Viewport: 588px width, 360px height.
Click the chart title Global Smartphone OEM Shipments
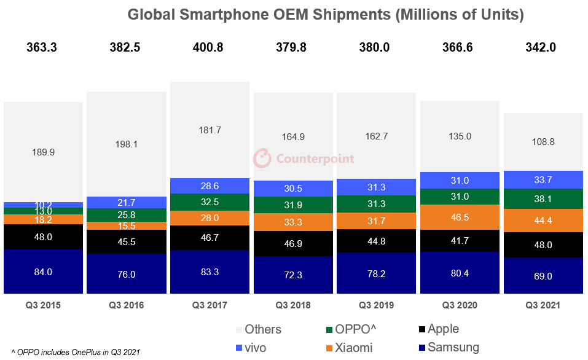tap(325, 15)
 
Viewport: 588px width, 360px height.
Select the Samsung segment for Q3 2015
tap(43, 272)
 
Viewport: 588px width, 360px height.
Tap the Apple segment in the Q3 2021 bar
tap(543, 245)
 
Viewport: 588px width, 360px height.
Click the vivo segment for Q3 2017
tap(210, 186)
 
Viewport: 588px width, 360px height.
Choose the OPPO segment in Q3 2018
tap(293, 205)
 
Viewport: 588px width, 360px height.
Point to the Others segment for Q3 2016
tap(127, 144)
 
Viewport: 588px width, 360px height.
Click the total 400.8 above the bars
tap(209, 47)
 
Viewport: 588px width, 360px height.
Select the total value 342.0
tap(543, 47)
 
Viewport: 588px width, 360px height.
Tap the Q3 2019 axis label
tap(376, 305)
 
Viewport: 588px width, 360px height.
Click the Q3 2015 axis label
tap(43, 305)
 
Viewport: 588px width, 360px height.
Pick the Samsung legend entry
tap(447, 348)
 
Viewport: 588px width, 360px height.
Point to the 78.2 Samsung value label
tap(376, 273)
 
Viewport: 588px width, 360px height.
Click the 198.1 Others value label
tap(127, 144)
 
